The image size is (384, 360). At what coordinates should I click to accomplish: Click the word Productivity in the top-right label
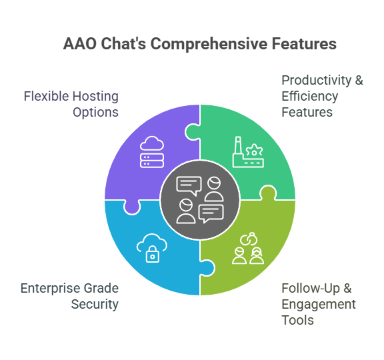[317, 81]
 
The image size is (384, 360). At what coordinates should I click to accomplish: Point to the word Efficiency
[310, 97]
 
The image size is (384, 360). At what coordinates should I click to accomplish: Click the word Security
[95, 305]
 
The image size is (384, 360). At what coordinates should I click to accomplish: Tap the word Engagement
[319, 305]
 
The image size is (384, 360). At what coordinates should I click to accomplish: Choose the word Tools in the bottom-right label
[297, 320]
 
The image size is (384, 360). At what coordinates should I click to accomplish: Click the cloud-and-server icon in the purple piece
[152, 152]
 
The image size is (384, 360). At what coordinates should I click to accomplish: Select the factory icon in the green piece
[248, 152]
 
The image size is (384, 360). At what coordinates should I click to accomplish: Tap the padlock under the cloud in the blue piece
[152, 255]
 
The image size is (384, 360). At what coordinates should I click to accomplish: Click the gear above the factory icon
[254, 150]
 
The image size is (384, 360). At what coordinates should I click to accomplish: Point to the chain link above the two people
[248, 239]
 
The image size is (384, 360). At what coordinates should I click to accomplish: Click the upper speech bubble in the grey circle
[189, 185]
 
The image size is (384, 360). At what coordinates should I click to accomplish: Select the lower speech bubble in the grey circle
[211, 213]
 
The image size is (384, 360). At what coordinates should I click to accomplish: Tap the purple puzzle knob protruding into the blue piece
[132, 207]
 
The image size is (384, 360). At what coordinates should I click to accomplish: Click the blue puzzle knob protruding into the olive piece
[208, 268]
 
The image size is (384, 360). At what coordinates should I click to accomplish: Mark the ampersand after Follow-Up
[347, 289]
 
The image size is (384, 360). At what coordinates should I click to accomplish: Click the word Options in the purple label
[95, 113]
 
